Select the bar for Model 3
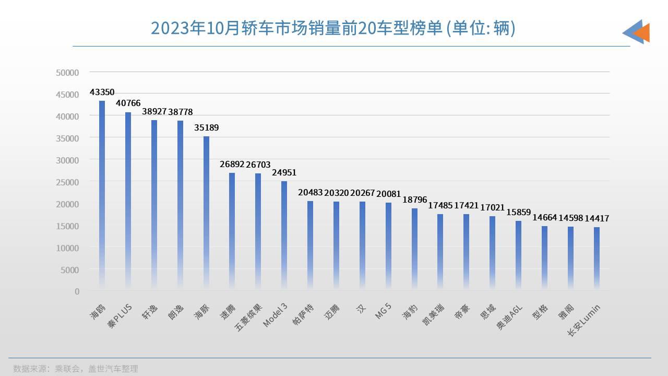(x=284, y=235)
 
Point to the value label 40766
(x=128, y=103)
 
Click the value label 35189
(x=207, y=127)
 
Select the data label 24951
(x=284, y=172)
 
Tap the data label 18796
(x=415, y=199)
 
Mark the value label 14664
(x=545, y=218)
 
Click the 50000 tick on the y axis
(x=67, y=72)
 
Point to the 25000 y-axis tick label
(x=67, y=182)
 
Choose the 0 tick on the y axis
(x=77, y=291)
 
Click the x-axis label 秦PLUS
(x=120, y=316)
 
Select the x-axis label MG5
(x=384, y=311)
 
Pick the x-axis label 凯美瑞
(x=434, y=314)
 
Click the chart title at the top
(x=333, y=28)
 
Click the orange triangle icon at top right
(x=642, y=32)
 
